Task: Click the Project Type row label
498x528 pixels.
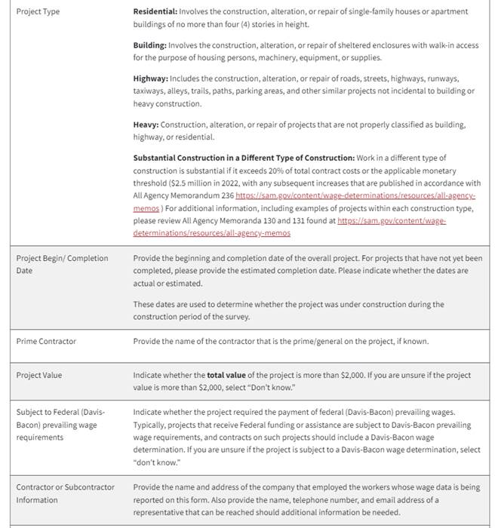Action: (x=38, y=12)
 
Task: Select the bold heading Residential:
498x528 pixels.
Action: (x=155, y=12)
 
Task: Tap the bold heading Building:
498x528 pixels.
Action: (x=150, y=45)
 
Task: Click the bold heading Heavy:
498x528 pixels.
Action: (x=146, y=124)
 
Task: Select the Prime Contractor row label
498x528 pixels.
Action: (x=46, y=341)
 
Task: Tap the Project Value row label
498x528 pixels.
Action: (x=39, y=375)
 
